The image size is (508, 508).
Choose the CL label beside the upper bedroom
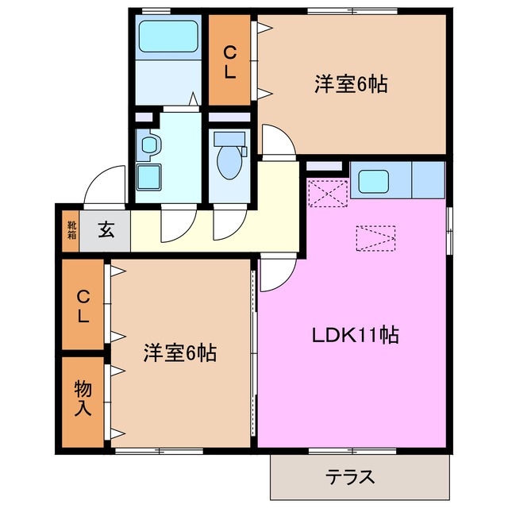pos(229,61)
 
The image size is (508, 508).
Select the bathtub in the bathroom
pos(168,37)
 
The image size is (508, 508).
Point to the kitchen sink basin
pos(373,182)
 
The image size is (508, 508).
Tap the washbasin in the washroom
pos(149,145)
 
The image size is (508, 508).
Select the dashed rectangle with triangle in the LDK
pos(375,237)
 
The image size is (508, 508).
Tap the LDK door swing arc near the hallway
pos(275,274)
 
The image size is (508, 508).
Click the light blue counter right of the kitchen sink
pos(428,180)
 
